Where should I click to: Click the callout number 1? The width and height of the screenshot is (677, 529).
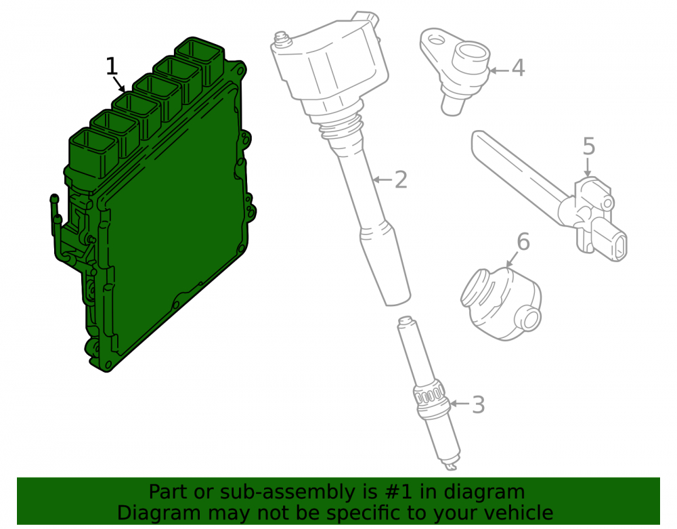(112, 66)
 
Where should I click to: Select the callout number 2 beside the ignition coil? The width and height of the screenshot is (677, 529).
(401, 179)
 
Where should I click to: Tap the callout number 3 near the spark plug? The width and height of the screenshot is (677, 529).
(478, 404)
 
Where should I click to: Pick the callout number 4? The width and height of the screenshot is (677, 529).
(518, 68)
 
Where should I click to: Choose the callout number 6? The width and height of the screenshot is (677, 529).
(523, 242)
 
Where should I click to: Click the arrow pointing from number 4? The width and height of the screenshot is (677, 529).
(499, 70)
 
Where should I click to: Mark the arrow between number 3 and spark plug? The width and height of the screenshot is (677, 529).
(460, 404)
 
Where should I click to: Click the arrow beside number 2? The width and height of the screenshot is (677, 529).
(383, 179)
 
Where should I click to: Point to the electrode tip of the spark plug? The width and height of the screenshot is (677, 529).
(451, 467)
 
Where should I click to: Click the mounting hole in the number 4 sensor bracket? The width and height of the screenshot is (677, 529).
(437, 41)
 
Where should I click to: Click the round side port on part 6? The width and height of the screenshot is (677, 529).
(530, 319)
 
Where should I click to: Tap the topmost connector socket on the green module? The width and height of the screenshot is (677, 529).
(200, 60)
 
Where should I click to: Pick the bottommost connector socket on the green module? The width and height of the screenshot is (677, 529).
(93, 152)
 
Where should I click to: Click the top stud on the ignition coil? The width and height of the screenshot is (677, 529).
(281, 38)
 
